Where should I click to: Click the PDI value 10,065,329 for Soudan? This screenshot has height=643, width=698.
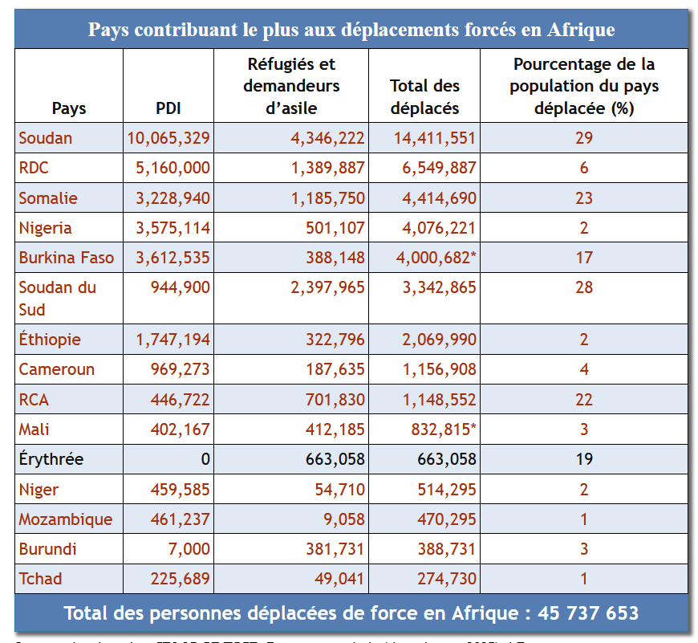pos(168,138)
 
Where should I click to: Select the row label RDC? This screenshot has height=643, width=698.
pos(34,168)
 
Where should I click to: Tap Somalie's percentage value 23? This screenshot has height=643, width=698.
pos(583,198)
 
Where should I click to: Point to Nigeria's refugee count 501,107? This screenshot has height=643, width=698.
pos(329,228)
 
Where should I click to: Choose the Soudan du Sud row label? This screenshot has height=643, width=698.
pos(57,298)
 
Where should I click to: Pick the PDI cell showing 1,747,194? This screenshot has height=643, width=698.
pos(173,340)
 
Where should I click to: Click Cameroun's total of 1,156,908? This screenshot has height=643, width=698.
pos(435,369)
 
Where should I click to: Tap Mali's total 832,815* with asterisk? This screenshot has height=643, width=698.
pos(444,429)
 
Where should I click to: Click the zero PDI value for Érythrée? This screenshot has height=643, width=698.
pos(205,459)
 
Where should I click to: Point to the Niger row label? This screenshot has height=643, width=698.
pos(39,489)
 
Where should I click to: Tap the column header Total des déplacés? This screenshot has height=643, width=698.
pos(424,96)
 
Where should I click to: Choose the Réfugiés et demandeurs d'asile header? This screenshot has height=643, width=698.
pos(291,86)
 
